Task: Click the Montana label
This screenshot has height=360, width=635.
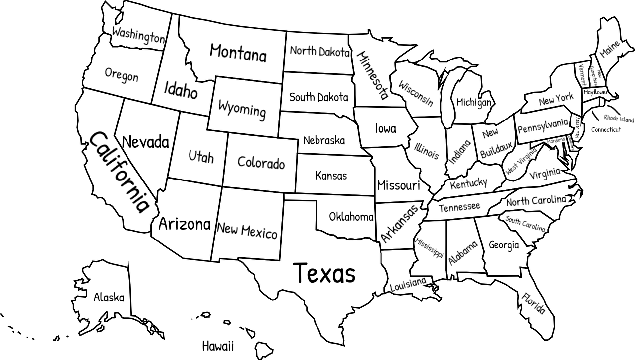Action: [x=238, y=52]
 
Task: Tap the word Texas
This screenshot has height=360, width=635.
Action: [x=324, y=273]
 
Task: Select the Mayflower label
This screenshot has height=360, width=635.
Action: [x=595, y=92]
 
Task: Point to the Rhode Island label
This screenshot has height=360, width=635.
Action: [x=619, y=119]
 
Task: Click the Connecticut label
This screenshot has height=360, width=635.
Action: [x=606, y=130]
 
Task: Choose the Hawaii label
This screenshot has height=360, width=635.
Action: [x=218, y=346]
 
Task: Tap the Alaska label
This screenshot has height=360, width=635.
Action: [x=109, y=298]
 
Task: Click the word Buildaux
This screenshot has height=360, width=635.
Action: [x=496, y=148]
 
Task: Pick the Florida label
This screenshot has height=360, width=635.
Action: [x=534, y=303]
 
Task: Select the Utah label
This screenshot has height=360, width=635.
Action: [x=201, y=157]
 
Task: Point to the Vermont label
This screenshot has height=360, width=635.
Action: [x=582, y=74]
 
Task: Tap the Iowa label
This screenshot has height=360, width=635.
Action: [x=385, y=129]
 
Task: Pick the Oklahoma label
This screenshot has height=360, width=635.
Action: [x=351, y=217]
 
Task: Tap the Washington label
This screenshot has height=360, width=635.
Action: [x=138, y=36]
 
